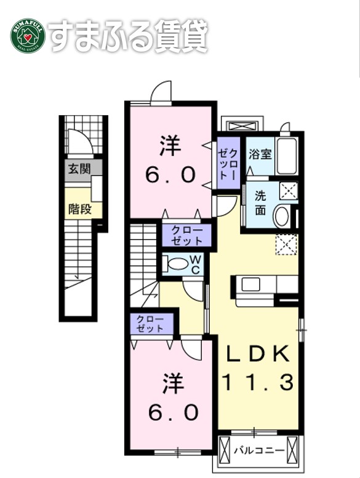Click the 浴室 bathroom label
coord(260,154)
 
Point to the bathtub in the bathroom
coord(287,156)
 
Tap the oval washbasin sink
coord(281,216)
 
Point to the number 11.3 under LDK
coord(257,383)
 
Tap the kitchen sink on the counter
coord(251,284)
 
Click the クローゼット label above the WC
coord(187,235)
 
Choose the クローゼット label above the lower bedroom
coord(151,323)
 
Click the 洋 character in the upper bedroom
coord(170,146)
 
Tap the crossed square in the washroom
coord(288,191)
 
